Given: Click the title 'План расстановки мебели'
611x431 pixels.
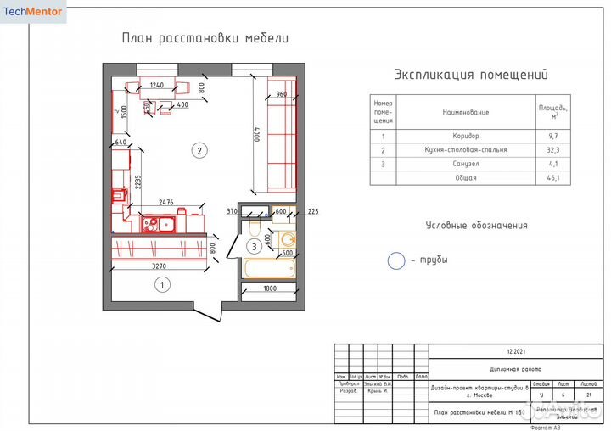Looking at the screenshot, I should [x=205, y=38].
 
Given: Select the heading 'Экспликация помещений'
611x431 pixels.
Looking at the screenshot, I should [x=466, y=75].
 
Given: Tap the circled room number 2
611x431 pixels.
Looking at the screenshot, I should [x=199, y=152].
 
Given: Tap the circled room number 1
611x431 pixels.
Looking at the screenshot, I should [x=161, y=285].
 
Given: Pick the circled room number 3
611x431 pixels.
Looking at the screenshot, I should [x=254, y=247].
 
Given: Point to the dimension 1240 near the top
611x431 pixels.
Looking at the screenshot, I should [x=156, y=85].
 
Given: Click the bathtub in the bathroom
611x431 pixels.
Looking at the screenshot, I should [x=268, y=269].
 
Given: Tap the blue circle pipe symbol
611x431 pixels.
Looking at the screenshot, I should [x=396, y=260].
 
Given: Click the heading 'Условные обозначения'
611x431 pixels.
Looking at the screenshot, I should [x=476, y=226].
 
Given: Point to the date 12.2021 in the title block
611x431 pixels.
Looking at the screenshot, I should [x=517, y=351].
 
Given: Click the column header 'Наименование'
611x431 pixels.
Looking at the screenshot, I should [x=465, y=111].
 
